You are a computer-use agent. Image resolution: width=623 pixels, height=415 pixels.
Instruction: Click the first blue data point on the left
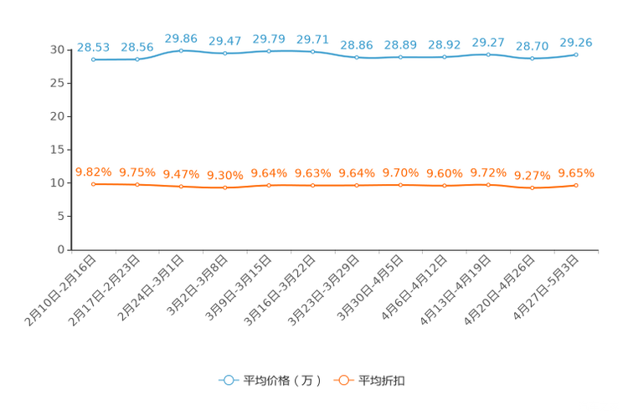click(93, 59)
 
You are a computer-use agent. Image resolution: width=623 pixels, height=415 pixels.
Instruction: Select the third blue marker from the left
click(181, 50)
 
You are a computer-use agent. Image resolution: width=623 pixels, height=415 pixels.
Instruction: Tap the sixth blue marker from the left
click(312, 52)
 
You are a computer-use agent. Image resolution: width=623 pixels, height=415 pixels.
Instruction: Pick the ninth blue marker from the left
click(444, 57)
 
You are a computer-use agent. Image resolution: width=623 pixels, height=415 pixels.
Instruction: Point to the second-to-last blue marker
click(532, 59)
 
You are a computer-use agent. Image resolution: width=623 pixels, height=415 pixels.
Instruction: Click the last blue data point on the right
click(576, 54)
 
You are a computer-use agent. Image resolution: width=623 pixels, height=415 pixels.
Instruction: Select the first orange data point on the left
click(93, 184)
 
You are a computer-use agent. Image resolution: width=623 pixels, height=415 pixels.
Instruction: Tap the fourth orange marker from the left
click(224, 187)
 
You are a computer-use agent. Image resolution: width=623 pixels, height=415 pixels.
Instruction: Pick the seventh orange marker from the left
click(357, 185)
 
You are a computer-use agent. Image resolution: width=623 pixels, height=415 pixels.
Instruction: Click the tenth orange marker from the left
click(488, 184)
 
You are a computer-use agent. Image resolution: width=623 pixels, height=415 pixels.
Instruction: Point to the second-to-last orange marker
click(532, 187)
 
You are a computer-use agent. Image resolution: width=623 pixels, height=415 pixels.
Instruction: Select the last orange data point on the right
click(576, 185)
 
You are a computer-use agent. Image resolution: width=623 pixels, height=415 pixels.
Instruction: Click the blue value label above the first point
click(93, 46)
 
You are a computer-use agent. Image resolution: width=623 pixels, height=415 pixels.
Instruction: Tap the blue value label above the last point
click(576, 41)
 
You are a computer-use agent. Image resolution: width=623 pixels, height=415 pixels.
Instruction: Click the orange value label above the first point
click(93, 172)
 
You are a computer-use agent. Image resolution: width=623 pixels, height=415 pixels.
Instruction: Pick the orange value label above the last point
click(576, 173)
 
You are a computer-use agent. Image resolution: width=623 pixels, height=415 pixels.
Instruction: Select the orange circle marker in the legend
click(342, 380)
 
